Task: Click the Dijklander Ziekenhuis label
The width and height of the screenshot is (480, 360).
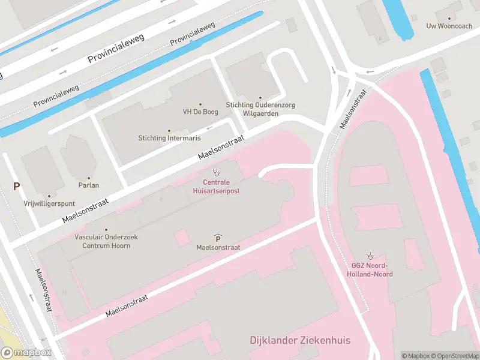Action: pos(300,341)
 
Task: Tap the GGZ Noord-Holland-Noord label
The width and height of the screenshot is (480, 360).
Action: pos(370,270)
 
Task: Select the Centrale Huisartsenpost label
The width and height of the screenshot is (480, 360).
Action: pos(217,186)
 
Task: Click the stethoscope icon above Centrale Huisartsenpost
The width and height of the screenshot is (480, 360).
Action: pos(217,172)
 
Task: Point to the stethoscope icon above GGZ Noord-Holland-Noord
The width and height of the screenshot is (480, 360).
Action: pos(370,254)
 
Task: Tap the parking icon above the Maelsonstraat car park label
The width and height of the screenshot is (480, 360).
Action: pos(217,238)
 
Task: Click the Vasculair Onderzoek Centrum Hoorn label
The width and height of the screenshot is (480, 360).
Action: pos(106,241)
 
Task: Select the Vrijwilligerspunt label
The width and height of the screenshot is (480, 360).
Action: pos(49,203)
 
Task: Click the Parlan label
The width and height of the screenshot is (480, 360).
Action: pos(88,185)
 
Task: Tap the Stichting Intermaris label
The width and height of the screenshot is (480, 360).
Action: pos(169,138)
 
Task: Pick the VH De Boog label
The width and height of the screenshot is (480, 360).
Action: pos(200,112)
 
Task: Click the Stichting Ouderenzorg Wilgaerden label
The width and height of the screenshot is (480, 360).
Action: pos(260,109)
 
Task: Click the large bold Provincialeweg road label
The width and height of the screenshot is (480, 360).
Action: pos(118,49)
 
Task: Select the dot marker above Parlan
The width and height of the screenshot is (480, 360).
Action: pos(88,178)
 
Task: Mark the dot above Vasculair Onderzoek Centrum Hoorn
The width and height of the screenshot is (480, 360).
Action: pos(106,230)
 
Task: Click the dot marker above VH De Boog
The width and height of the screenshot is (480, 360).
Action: pos(200,104)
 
